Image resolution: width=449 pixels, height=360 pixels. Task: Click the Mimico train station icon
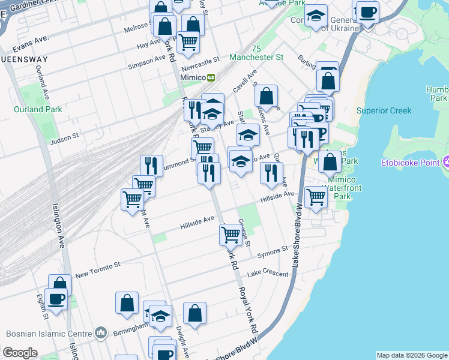point(211,77)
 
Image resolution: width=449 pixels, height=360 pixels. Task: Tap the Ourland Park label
point(38,109)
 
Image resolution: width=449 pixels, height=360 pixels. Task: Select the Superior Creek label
point(384,110)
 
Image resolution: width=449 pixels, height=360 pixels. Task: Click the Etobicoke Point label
point(411,163)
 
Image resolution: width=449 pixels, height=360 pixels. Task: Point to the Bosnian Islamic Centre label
point(50,334)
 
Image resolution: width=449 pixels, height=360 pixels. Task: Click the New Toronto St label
point(98,268)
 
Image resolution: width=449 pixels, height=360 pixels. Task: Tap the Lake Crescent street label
point(263,272)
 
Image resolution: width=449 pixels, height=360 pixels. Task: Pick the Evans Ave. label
point(29,44)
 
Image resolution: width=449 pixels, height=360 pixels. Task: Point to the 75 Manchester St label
point(256,53)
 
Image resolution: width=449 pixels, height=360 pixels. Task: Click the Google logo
point(20,353)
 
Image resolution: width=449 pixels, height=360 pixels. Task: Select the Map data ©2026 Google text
point(411,355)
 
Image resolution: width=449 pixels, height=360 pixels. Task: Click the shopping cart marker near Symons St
point(231,234)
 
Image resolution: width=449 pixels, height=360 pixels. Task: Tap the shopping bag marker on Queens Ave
point(266,95)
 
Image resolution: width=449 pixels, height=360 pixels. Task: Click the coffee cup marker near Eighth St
point(56,298)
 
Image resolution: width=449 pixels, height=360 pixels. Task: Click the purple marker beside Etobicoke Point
point(445,162)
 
